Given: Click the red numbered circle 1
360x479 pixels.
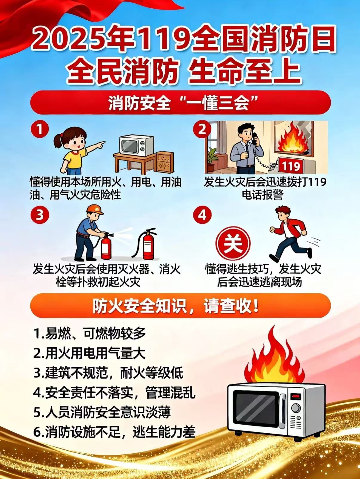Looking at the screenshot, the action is coord(40,130).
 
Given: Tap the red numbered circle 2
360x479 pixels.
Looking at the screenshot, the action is coord(202,130).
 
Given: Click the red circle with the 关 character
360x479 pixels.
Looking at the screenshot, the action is coord(233,243).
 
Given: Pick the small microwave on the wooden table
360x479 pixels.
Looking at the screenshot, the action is coord(137,146).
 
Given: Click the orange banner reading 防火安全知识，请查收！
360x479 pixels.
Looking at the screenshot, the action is coord(180,306).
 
